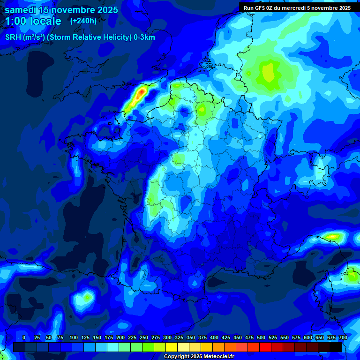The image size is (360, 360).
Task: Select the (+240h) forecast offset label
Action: click(x=83, y=21)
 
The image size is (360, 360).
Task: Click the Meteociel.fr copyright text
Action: click(x=198, y=357)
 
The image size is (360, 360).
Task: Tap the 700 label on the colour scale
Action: click(x=343, y=337)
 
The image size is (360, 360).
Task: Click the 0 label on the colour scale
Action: click(x=24, y=337)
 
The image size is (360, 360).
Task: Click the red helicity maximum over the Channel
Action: click(x=140, y=95)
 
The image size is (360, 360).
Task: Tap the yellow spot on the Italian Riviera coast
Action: click(x=333, y=236)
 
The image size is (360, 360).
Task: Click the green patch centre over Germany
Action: click(x=268, y=73)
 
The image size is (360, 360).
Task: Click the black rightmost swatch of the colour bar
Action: click(x=335, y=347)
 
